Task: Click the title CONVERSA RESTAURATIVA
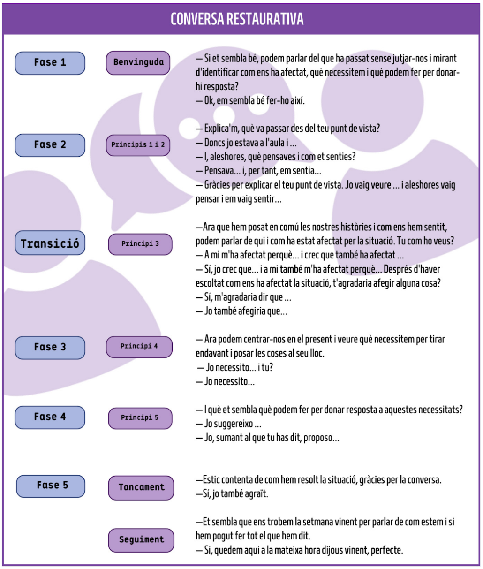237,19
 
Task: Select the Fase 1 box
50,63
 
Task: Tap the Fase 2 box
50,145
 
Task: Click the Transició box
50,243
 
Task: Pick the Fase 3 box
50,348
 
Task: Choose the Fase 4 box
50,417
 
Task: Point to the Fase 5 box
51,486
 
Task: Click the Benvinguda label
138,62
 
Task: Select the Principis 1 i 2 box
138,145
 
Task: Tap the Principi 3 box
140,244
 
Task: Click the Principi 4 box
139,347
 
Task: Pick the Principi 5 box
140,417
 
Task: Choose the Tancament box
141,487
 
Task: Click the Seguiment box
141,540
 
